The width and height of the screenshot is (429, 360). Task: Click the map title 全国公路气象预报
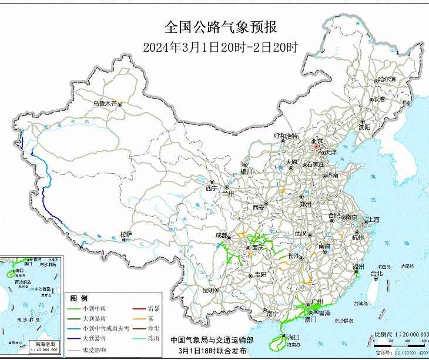(x=220, y=27)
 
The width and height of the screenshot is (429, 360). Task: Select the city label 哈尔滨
(x=387, y=79)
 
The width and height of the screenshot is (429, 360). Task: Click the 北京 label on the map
(x=317, y=141)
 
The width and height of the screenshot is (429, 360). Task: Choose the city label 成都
(x=221, y=235)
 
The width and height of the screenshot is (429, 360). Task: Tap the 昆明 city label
(x=208, y=290)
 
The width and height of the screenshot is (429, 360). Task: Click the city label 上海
(x=374, y=220)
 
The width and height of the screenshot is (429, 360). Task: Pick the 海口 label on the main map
(x=293, y=337)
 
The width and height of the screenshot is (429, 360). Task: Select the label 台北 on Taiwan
(x=377, y=273)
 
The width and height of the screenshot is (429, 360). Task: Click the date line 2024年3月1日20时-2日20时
(x=220, y=47)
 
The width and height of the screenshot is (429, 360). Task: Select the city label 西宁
(x=211, y=188)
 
